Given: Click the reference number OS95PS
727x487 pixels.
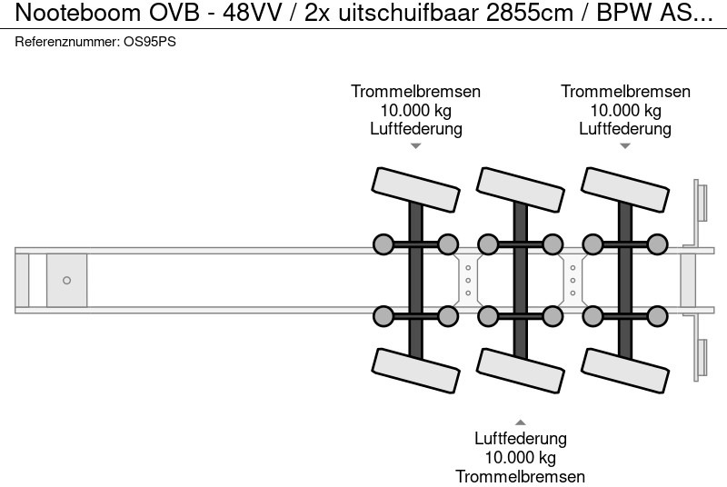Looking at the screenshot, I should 149,42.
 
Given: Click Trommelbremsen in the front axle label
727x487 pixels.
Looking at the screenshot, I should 416,92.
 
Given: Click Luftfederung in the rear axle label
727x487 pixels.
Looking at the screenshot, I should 625,128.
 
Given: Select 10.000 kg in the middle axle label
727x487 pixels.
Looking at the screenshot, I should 521,457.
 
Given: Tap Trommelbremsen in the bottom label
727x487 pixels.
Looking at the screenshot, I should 521,476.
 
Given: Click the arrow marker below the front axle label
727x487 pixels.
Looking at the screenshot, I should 416,145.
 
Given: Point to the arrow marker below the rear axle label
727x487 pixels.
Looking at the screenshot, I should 625,145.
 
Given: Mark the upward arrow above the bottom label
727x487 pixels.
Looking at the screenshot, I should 521,422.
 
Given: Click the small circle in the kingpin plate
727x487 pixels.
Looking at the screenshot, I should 66,280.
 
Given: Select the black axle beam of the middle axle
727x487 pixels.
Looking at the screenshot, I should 521,280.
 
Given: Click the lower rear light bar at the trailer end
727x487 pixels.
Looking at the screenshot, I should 702,359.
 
